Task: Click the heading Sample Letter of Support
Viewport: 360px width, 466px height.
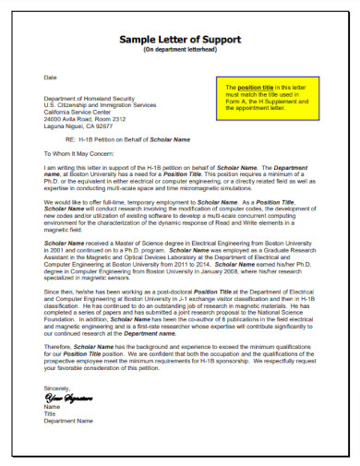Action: point(179,41)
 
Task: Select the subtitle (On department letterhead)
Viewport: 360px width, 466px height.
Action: point(179,51)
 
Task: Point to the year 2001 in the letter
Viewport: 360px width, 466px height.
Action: point(54,250)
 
